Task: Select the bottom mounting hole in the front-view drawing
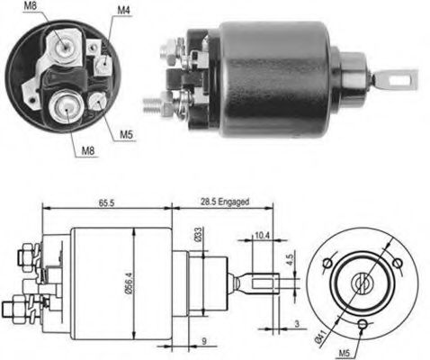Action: [x=361, y=325]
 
